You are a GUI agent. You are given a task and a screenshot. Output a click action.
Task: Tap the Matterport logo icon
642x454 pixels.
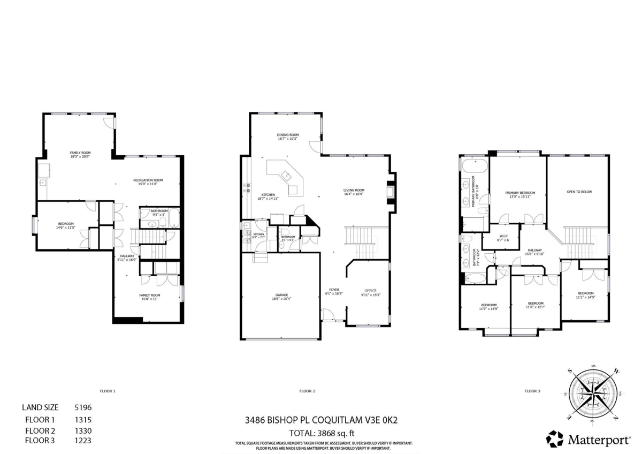[554, 439]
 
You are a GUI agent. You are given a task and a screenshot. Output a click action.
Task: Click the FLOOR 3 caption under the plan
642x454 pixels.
[532, 391]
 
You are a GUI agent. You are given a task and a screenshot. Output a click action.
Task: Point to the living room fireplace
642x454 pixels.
[391, 191]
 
